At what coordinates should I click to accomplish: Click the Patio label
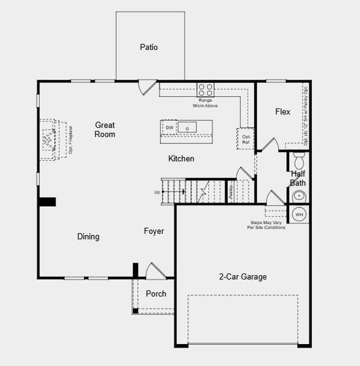[149, 47]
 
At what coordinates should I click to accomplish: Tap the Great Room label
[104, 129]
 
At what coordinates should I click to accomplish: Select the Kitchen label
[181, 159]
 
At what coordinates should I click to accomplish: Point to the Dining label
[88, 237]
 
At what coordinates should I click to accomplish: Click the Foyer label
[154, 231]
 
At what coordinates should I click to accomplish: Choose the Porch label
[156, 293]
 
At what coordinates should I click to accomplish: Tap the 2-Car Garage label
[243, 276]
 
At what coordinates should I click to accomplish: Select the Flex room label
[283, 112]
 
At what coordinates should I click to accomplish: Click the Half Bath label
[298, 178]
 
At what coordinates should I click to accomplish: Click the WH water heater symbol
[299, 214]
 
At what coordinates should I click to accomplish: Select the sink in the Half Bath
[299, 196]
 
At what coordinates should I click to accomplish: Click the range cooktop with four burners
[206, 90]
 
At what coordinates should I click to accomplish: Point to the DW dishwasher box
[170, 127]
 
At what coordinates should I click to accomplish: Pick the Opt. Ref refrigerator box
[245, 138]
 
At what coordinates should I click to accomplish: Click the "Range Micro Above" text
[205, 102]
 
